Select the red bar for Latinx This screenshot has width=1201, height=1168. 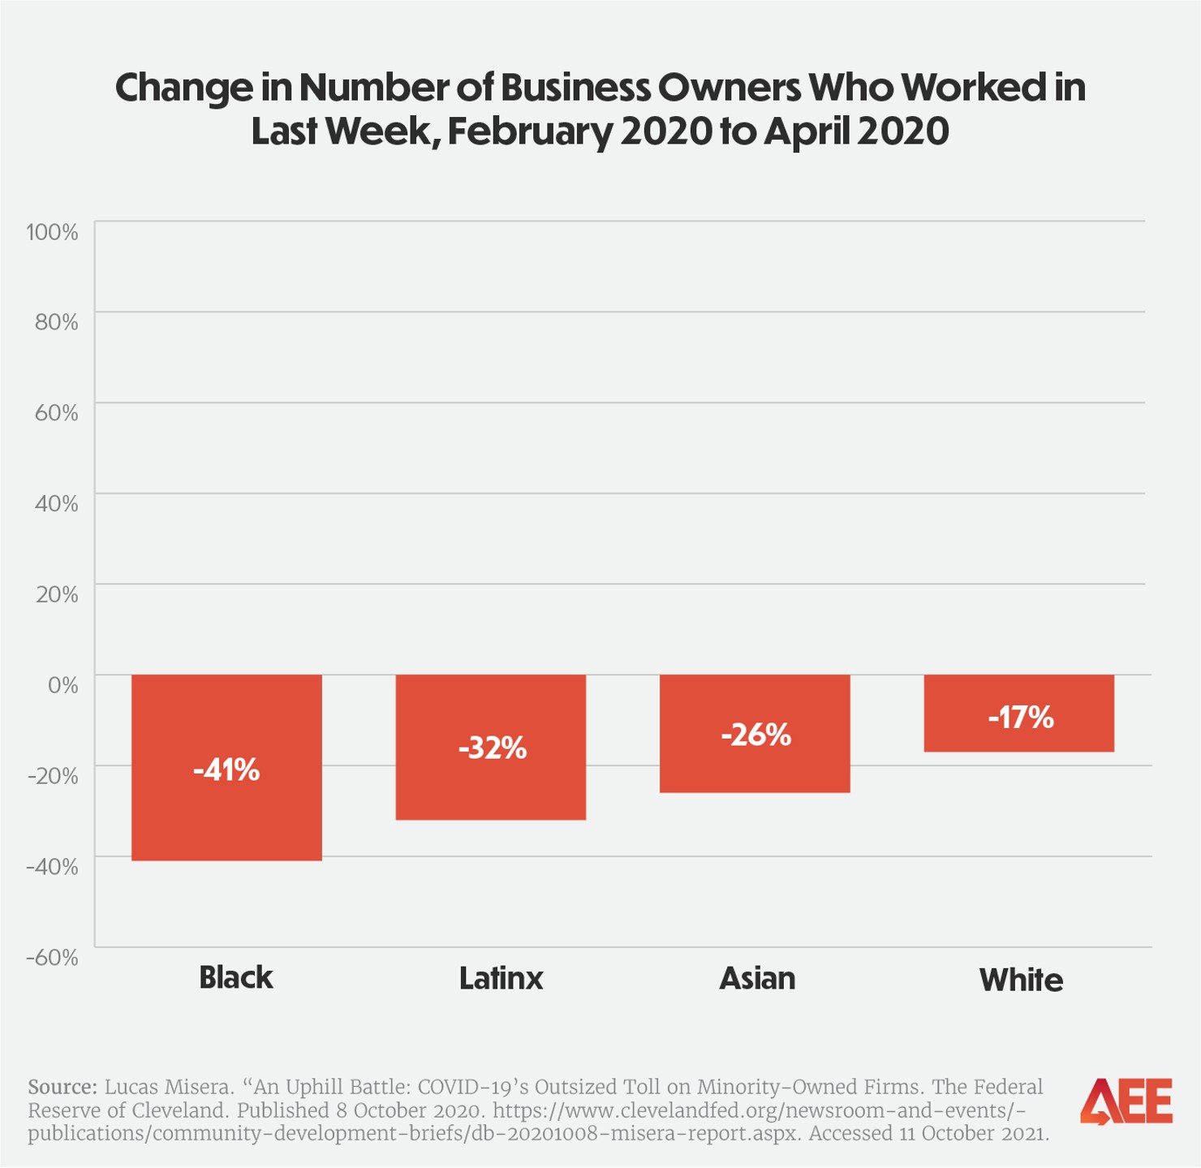pyautogui.click(x=490, y=787)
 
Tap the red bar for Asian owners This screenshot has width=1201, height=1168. pyautogui.click(x=755, y=767)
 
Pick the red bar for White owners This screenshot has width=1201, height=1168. pyautogui.click(x=1018, y=735)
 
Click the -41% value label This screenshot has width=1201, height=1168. pyautogui.click(x=226, y=769)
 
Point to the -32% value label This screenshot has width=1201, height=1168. pyautogui.click(x=492, y=748)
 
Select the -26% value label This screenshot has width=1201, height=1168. pyautogui.click(x=755, y=735)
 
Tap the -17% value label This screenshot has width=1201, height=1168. pyautogui.click(x=1020, y=718)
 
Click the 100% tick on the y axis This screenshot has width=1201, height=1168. pyautogui.click(x=53, y=232)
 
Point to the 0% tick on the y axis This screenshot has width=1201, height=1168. pyautogui.click(x=63, y=685)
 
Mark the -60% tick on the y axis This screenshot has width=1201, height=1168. pyautogui.click(x=53, y=957)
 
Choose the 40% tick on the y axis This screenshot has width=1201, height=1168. pyautogui.click(x=57, y=504)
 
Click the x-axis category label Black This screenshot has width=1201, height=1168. pyautogui.click(x=236, y=977)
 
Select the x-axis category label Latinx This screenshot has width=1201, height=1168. pyautogui.click(x=501, y=978)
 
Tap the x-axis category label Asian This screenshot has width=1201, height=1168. pyautogui.click(x=757, y=978)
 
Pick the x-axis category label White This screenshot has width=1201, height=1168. pyautogui.click(x=1021, y=980)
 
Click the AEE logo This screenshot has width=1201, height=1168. pyautogui.click(x=1126, y=1101)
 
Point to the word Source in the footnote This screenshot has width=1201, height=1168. pyautogui.click(x=62, y=1087)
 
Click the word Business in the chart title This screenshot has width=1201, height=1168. pyautogui.click(x=575, y=87)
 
